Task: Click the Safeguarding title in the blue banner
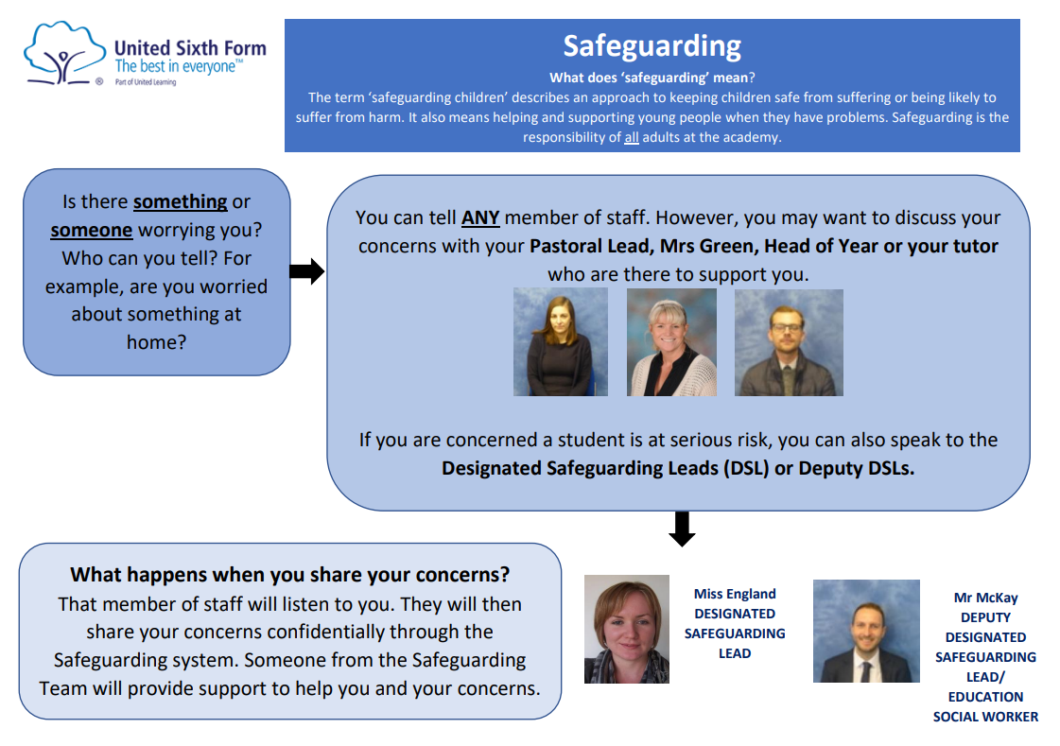(652, 45)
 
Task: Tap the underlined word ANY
(479, 217)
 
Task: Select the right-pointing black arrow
(306, 272)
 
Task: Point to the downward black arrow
(682, 529)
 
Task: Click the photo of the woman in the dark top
(560, 342)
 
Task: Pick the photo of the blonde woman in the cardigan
(671, 342)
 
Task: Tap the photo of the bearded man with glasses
(788, 342)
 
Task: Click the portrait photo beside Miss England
(626, 629)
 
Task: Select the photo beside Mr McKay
(865, 631)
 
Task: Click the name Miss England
(735, 594)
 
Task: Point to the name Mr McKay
(985, 598)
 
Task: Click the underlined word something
(180, 201)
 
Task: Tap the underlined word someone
(91, 230)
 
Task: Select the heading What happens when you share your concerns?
(290, 575)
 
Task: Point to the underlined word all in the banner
(632, 136)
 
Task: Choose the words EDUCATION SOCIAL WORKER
(985, 706)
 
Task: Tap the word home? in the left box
(156, 342)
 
